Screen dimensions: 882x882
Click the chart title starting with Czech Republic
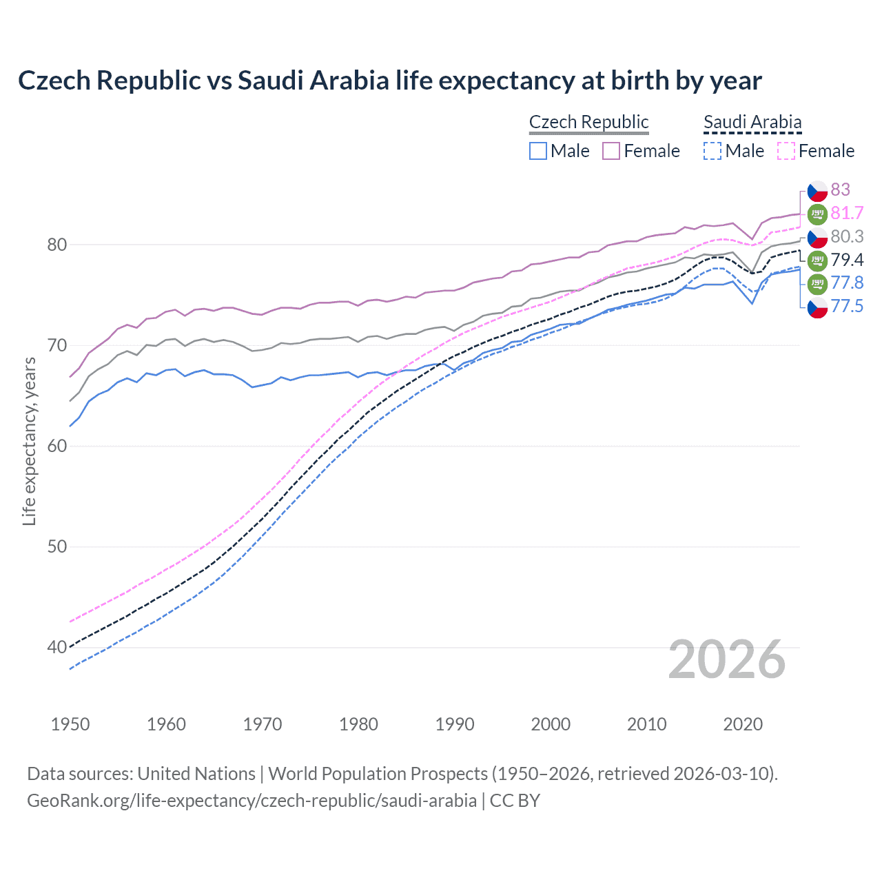click(x=389, y=81)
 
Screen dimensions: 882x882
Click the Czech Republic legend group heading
click(x=588, y=122)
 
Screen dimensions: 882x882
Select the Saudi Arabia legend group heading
click(x=752, y=122)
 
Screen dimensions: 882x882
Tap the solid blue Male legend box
click(x=538, y=151)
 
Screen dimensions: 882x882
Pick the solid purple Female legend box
click(x=611, y=151)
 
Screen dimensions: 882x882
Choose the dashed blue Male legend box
click(x=712, y=151)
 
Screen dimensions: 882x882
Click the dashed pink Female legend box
click(x=786, y=151)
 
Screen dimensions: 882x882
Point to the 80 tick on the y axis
click(x=57, y=245)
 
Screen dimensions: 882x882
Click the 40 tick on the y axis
click(x=57, y=647)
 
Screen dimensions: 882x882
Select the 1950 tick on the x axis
click(x=70, y=724)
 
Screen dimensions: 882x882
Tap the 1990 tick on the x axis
click(x=455, y=724)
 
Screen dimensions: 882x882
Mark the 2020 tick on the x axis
click(x=743, y=724)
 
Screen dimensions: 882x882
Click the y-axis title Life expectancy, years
click(x=29, y=441)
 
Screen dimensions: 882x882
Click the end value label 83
click(x=840, y=189)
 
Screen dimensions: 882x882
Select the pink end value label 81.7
click(x=847, y=214)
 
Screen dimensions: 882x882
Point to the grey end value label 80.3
click(x=847, y=236)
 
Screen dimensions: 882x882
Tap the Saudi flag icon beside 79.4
click(x=817, y=260)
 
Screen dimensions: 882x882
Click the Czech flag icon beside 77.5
click(x=817, y=307)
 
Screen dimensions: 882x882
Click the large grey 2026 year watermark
click(x=726, y=659)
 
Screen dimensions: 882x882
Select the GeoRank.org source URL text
click(x=252, y=801)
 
